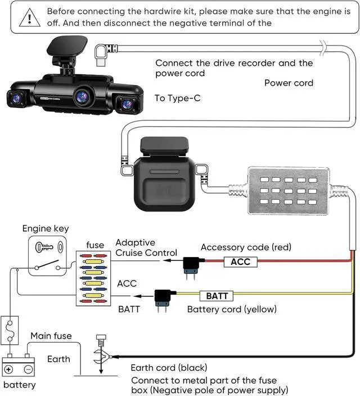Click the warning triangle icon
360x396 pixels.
tap(26, 17)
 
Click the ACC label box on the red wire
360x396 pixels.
tap(240, 262)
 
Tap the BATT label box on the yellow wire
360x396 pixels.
tap(217, 295)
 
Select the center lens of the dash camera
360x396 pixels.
tap(83, 97)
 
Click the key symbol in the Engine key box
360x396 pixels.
tap(46, 247)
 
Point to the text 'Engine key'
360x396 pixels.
tap(45, 228)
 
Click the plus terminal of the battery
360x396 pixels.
tap(10, 370)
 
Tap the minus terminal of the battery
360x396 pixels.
tap(28, 370)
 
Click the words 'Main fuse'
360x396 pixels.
tap(51, 336)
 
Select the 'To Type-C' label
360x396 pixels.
tap(177, 98)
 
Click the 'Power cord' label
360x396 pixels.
tap(289, 83)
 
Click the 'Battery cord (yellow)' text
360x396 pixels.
tap(232, 309)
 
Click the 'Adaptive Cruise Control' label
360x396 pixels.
tap(146, 247)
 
